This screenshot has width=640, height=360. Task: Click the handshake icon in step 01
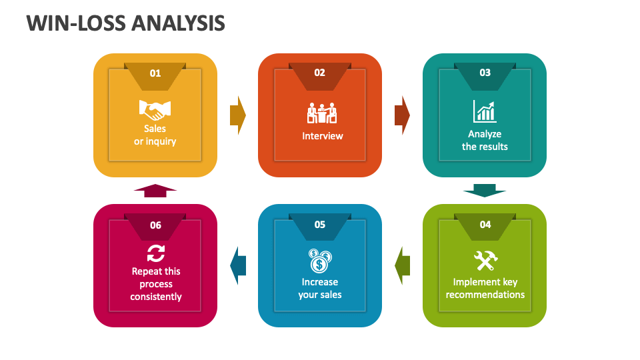[155, 110]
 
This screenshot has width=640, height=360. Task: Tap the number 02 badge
[319, 76]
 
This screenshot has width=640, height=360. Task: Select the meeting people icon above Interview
[322, 113]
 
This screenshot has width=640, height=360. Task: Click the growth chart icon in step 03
[485, 111]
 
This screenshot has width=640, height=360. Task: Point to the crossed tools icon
[486, 261]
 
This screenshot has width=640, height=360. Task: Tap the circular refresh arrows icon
[156, 253]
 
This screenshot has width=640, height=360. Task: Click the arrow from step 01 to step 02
[238, 115]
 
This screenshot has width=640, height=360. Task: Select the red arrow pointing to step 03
[402, 115]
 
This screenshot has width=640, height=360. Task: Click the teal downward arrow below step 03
[485, 190]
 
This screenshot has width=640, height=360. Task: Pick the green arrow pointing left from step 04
[402, 266]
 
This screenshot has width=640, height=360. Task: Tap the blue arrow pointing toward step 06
[238, 266]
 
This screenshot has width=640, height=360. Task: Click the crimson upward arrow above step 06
[155, 191]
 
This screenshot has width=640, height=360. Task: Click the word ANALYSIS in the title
[179, 23]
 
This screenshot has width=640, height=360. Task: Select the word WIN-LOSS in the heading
[76, 23]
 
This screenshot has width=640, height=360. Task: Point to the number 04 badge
[485, 227]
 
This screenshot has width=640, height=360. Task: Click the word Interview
[323, 136]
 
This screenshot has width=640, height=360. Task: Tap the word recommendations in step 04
[485, 295]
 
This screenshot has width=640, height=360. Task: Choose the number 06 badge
[155, 227]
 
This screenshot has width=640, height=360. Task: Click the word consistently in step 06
[156, 297]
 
